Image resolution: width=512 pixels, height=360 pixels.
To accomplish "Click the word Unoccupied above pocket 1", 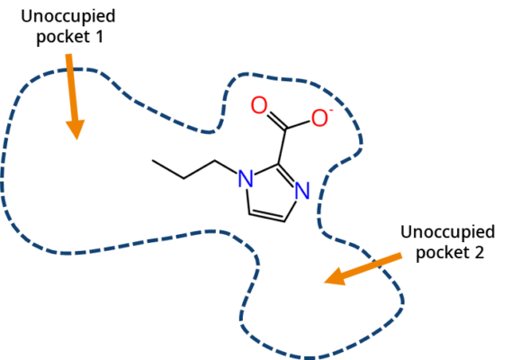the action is click(x=67, y=17).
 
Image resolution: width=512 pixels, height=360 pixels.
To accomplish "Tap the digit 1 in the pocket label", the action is click(x=99, y=37).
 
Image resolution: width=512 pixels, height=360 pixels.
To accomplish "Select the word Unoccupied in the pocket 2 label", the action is click(x=447, y=233).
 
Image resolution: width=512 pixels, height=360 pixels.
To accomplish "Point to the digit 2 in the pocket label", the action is click(x=479, y=253).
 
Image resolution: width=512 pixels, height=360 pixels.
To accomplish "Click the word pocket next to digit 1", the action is click(x=63, y=37).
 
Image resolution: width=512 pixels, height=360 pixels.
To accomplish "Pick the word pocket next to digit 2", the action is click(x=443, y=253).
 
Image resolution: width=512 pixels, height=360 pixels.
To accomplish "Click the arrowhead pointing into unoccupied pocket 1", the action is click(x=76, y=129).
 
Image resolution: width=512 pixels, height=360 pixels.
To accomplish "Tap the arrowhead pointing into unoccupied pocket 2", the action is click(x=335, y=277).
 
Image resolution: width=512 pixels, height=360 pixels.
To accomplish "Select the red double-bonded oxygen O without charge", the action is click(x=259, y=105).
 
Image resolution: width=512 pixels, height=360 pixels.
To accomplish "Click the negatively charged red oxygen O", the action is click(x=319, y=118).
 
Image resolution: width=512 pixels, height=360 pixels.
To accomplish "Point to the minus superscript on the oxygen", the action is click(x=331, y=111).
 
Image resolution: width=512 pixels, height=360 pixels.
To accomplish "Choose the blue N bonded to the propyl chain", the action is click(x=246, y=179).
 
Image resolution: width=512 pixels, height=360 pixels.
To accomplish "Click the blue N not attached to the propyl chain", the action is click(x=302, y=191).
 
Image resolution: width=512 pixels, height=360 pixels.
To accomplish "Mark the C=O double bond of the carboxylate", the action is click(x=277, y=121).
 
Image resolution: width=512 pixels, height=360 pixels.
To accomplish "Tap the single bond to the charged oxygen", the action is click(x=298, y=124).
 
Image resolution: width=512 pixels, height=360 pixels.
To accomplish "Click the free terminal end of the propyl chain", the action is click(x=152, y=160).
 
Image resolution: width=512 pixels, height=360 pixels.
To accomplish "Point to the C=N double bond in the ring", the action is click(x=287, y=175).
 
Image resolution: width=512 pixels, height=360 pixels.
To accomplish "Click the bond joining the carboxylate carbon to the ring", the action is click(x=283, y=146).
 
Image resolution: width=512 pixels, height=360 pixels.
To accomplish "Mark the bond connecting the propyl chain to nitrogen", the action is click(x=226, y=166).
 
